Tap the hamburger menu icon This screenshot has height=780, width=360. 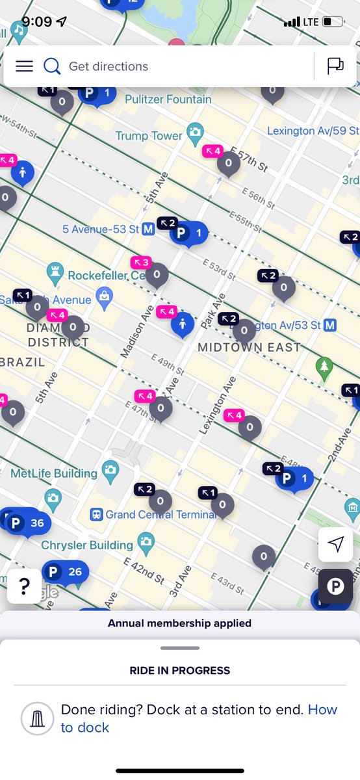click(24, 66)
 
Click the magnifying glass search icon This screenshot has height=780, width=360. click(52, 66)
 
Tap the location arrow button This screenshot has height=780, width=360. click(335, 545)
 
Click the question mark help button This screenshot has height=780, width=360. click(25, 587)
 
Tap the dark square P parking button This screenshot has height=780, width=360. click(335, 587)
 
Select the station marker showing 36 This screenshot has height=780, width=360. click(26, 523)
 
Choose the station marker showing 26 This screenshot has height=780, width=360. click(64, 572)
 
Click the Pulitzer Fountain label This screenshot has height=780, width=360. click(168, 99)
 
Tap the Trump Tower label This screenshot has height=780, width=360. click(149, 136)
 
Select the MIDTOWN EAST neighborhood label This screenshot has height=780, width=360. click(249, 347)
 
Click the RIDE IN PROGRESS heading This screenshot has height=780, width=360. click(180, 670)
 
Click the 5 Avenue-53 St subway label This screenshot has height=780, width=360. click(101, 229)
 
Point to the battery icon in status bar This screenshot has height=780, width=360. click(333, 21)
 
